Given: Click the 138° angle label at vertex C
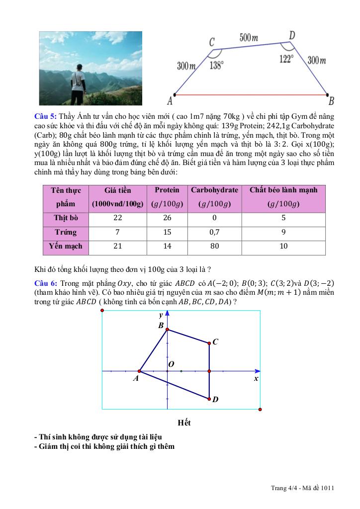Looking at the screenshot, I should [217, 65].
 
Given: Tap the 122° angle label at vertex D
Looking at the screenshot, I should [286, 59].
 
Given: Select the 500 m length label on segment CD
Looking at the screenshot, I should [249, 38].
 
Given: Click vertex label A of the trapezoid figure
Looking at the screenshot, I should [170, 101].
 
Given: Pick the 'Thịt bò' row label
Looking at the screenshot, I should [65, 218].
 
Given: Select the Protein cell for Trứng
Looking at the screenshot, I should [167, 232].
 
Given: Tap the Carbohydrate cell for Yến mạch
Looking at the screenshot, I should [214, 246].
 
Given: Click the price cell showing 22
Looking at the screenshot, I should [118, 218].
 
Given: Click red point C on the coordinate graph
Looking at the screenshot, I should [209, 342].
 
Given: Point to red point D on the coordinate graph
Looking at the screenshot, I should [209, 398].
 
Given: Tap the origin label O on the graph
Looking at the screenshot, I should [171, 364].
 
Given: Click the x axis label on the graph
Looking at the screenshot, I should [256, 378].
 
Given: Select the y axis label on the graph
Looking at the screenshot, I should [161, 316].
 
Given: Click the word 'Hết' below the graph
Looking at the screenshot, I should [184, 423].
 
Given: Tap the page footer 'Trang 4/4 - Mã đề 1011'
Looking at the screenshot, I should [302, 488].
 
